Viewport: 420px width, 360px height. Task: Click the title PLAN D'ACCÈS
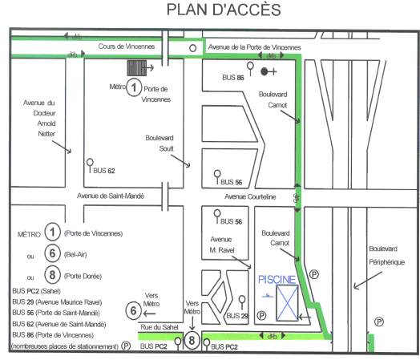point(224,10)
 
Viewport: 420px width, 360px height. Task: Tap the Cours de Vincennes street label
point(127,47)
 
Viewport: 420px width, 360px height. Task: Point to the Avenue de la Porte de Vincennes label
point(254,47)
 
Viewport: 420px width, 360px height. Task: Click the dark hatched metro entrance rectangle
point(136,68)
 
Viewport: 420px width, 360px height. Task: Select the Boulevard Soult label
point(160,144)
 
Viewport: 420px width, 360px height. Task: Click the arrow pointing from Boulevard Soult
point(180,161)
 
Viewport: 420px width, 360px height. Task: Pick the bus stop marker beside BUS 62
point(90,165)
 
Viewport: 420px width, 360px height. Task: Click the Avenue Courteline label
point(250,197)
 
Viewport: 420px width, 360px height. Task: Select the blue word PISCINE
point(277,280)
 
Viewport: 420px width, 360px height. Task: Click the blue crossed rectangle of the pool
point(287,303)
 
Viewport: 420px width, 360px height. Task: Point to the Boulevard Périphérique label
point(386,255)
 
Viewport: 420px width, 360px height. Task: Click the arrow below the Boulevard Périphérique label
point(367,281)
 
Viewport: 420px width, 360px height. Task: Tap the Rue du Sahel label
point(160,327)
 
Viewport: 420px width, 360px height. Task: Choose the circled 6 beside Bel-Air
point(52,253)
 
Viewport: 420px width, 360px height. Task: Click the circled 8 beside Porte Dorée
point(52,275)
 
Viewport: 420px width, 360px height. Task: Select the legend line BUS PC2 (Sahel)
point(36,291)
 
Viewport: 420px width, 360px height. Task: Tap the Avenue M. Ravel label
point(222,245)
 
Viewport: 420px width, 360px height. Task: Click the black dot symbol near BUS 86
point(265,71)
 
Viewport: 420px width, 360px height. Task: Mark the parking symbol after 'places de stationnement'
point(126,346)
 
